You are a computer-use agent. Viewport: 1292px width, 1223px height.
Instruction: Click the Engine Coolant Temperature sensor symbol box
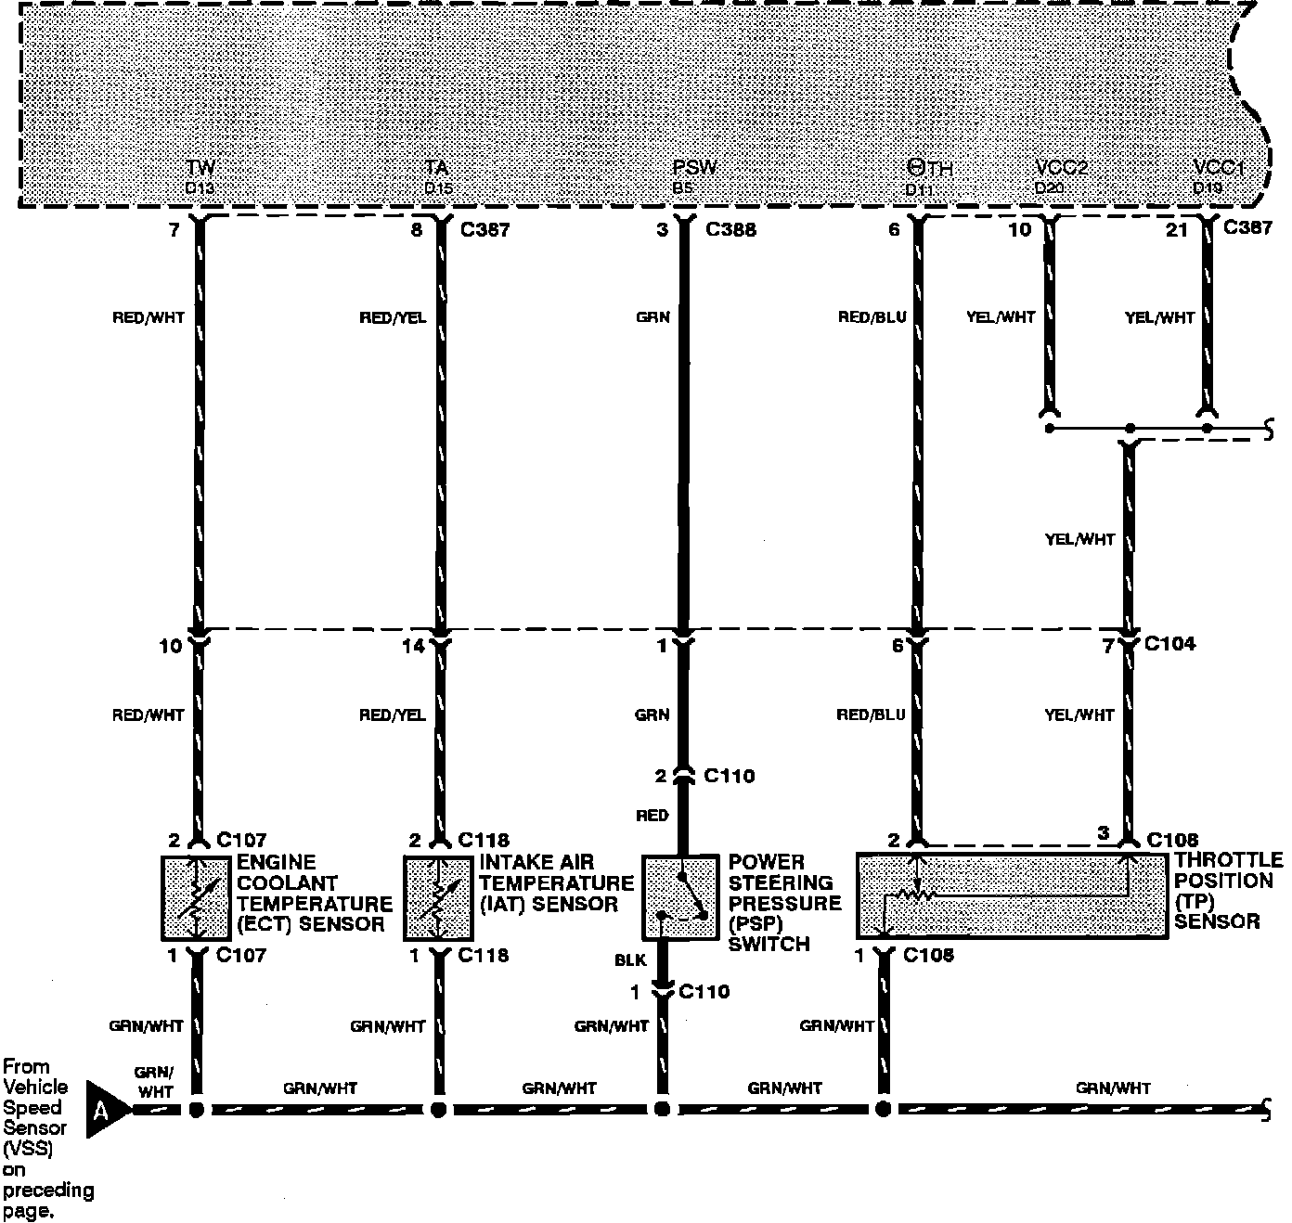[x=195, y=898]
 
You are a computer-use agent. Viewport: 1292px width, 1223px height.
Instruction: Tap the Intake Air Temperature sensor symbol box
[x=437, y=898]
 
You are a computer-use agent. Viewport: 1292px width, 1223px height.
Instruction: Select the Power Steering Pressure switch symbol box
[x=680, y=896]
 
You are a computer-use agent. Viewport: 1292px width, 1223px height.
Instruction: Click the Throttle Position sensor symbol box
[x=1010, y=895]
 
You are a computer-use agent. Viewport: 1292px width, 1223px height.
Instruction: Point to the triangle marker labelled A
[x=107, y=1109]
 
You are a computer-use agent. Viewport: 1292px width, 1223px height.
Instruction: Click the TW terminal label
[x=200, y=169]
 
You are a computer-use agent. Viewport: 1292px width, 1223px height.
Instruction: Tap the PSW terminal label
[x=695, y=169]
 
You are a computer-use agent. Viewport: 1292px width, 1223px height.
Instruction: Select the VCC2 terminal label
[x=1061, y=169]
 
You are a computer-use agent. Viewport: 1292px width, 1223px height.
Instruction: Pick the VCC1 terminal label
[x=1219, y=169]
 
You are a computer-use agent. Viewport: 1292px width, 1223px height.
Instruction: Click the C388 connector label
[x=730, y=229]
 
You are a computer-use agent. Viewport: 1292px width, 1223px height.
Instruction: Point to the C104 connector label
[x=1169, y=644]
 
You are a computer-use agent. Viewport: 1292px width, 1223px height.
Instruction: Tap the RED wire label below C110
[x=652, y=816]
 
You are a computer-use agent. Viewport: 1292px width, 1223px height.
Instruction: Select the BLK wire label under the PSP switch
[x=630, y=961]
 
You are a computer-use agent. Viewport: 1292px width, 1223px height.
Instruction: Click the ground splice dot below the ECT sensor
[x=197, y=1109]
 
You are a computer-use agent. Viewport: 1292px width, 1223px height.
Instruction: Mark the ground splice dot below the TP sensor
[x=883, y=1109]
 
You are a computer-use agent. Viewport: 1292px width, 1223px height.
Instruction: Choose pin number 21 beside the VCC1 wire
[x=1176, y=229]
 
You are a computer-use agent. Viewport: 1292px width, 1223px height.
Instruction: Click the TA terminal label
[x=437, y=169]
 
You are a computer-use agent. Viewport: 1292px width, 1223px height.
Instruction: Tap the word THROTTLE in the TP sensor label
[x=1227, y=860]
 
